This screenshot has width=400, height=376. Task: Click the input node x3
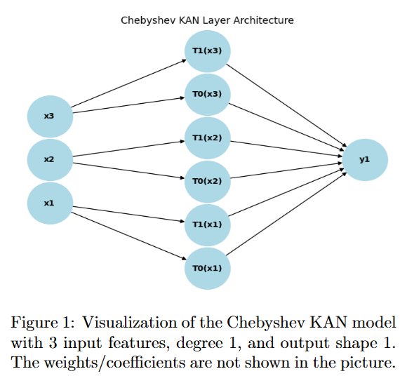point(50,116)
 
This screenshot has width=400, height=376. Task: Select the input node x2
point(50,159)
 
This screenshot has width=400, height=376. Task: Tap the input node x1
point(50,203)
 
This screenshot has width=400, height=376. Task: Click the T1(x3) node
point(207,51)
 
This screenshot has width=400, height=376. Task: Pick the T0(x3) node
point(207,94)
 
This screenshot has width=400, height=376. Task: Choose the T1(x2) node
point(207,137)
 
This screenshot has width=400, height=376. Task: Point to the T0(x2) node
point(207,181)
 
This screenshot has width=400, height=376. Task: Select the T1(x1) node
point(207,224)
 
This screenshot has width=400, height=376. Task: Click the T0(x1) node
point(207,268)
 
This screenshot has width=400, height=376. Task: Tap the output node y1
point(364,159)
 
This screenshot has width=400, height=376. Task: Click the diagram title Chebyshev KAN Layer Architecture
point(207,20)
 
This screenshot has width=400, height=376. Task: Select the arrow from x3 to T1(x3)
point(126,84)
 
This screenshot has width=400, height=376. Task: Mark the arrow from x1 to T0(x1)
point(126,236)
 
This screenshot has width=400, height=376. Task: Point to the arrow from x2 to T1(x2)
point(126,148)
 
